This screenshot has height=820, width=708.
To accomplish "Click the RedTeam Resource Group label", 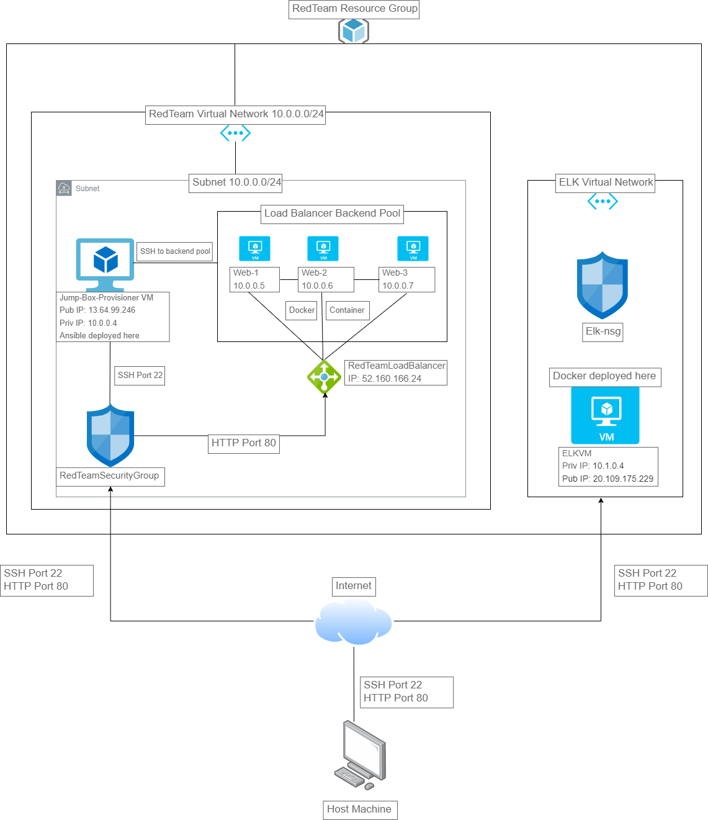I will pyautogui.click(x=354, y=9).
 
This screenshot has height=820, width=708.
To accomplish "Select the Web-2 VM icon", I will pyautogui.click(x=323, y=248).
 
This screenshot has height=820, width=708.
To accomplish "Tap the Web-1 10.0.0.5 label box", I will pyautogui.click(x=254, y=279).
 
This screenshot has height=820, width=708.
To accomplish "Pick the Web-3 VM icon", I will pyautogui.click(x=413, y=248).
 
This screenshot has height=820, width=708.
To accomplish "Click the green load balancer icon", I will pyautogui.click(x=324, y=377).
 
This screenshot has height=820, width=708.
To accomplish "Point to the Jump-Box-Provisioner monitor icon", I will pyautogui.click(x=105, y=264).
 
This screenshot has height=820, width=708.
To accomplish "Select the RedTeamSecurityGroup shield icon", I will pyautogui.click(x=110, y=436).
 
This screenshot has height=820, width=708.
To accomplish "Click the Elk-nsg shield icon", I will pyautogui.click(x=602, y=286).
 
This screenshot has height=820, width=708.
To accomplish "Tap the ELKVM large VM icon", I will pyautogui.click(x=605, y=415).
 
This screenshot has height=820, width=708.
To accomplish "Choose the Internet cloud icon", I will pyautogui.click(x=353, y=621).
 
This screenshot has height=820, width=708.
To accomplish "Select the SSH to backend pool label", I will pyautogui.click(x=175, y=251).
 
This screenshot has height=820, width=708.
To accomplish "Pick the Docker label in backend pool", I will pyautogui.click(x=302, y=310).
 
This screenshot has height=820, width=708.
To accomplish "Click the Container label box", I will pyautogui.click(x=347, y=310).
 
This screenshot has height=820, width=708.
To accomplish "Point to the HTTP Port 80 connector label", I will pyautogui.click(x=244, y=443).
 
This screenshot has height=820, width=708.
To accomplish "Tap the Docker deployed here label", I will pyautogui.click(x=604, y=376).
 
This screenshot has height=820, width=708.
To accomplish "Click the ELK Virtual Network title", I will pyautogui.click(x=605, y=182).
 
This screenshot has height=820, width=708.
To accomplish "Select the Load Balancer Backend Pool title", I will pyautogui.click(x=332, y=214).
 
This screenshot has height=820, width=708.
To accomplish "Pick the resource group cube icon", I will pyautogui.click(x=354, y=30).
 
